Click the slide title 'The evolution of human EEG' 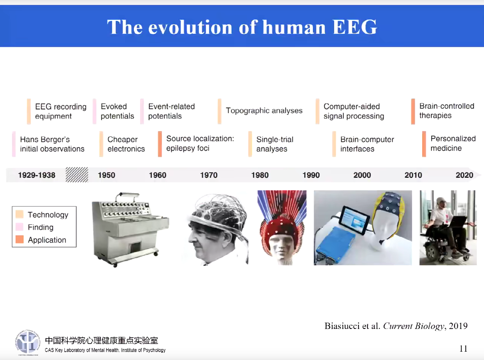[x=242, y=27]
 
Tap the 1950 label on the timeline [x=106, y=175]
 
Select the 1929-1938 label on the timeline [x=37, y=175]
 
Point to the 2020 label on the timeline [x=464, y=175]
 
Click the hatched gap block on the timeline [x=77, y=175]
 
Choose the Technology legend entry [x=48, y=215]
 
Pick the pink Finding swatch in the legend [x=20, y=227]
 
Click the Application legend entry [x=47, y=240]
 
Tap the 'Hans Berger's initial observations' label [x=52, y=144]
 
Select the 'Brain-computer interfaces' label [x=367, y=144]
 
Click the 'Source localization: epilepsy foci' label [x=200, y=143]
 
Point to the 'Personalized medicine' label [x=453, y=143]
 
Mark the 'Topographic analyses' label [x=264, y=111]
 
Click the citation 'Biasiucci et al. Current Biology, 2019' [x=396, y=326]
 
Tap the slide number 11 [x=463, y=349]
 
